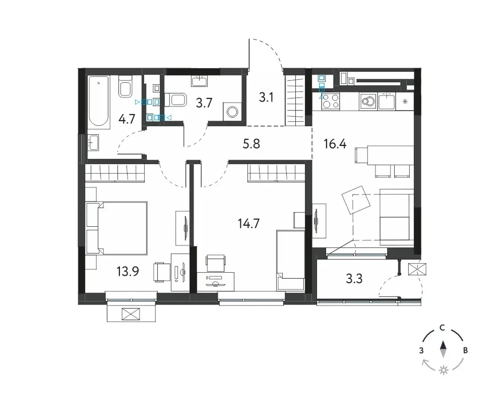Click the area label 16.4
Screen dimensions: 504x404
[x=335, y=144]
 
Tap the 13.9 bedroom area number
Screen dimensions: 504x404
[x=128, y=272]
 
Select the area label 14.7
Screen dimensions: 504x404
[x=248, y=223]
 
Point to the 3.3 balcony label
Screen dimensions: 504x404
[x=354, y=279]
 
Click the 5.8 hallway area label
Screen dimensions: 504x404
[x=251, y=144]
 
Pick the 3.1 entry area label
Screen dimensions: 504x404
[x=266, y=97]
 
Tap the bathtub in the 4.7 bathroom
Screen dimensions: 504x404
[x=98, y=101]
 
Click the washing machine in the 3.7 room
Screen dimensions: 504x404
[x=232, y=112]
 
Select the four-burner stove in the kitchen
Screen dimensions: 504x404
[x=331, y=101]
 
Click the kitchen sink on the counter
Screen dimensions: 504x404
[x=387, y=101]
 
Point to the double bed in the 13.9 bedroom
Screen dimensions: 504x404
[x=117, y=228]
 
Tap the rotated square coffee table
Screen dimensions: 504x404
[x=356, y=200]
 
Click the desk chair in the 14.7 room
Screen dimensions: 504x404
[x=215, y=262]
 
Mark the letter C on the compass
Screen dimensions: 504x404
[x=443, y=328]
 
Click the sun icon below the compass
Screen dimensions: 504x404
[x=444, y=370]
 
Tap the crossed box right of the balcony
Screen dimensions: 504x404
[x=417, y=269]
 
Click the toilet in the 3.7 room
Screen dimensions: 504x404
[x=175, y=99]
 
